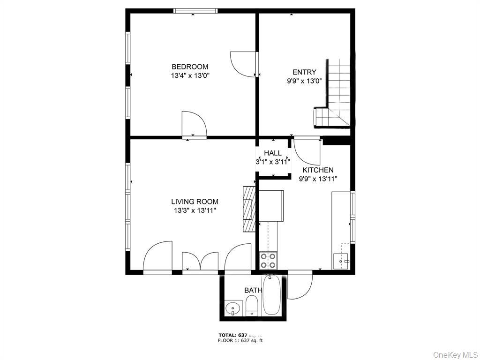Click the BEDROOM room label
pyautogui.click(x=190, y=67)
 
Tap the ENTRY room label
pyautogui.click(x=304, y=72)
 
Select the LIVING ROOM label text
pyautogui.click(x=195, y=202)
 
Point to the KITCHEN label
pyautogui.click(x=318, y=170)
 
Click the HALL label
pyautogui.click(x=273, y=153)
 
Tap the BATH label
pyautogui.click(x=253, y=291)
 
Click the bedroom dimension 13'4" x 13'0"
pyautogui.click(x=190, y=75)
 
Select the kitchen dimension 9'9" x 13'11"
pyautogui.click(x=318, y=178)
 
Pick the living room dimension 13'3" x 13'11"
pyautogui.click(x=195, y=210)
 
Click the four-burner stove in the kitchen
pyautogui.click(x=268, y=260)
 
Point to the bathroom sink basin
pyautogui.click(x=232, y=308)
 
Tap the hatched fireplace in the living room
pyautogui.click(x=249, y=209)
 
